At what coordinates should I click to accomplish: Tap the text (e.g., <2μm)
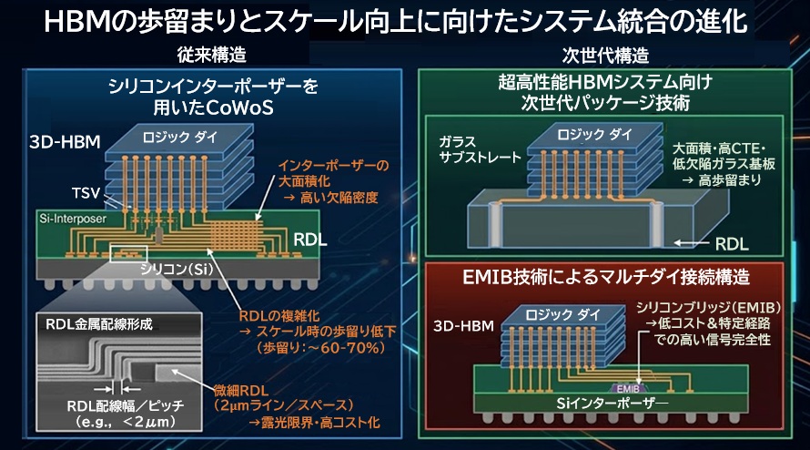(114, 423)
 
